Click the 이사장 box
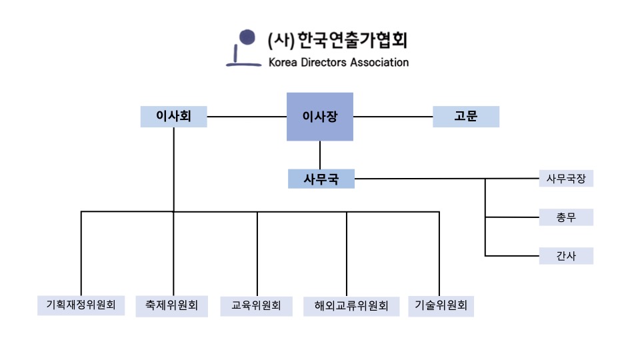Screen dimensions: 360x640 pos(320,117)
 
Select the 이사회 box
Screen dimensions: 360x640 pos(173,117)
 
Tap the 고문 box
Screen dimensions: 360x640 pos(466,117)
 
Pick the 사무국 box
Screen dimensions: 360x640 pos(321,179)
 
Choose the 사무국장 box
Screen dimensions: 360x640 pos(566,179)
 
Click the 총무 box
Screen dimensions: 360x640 pos(566,217)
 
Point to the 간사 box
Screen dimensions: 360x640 pos(566,256)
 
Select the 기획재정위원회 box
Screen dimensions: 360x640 pos(81,306)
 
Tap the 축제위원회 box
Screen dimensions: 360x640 pos(171,306)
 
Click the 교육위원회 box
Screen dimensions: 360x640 pos(256,307)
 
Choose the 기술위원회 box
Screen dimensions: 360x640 pos(441,306)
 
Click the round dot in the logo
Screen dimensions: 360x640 pos(247,37)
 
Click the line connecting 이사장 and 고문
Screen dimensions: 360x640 pos(393,117)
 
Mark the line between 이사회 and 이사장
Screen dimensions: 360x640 pos(247,117)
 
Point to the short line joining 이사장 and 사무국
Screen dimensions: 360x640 pos(321,155)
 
